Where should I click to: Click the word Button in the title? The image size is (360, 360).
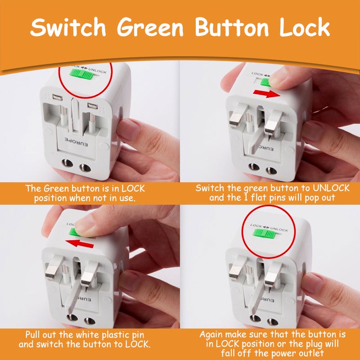coord(232,27)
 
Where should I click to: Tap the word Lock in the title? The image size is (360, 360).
coord(305,27)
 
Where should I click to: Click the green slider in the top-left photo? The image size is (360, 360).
coord(81,74)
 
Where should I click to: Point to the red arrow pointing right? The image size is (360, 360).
coord(266,94)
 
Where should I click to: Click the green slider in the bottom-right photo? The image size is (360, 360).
coord(264,234)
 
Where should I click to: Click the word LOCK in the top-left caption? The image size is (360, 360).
coord(133,189)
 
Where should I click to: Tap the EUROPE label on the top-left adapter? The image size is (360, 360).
coord(76,142)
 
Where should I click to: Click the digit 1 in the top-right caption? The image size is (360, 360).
coord(246,198)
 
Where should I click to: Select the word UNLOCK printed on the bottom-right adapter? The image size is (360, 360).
coord(279,229)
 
